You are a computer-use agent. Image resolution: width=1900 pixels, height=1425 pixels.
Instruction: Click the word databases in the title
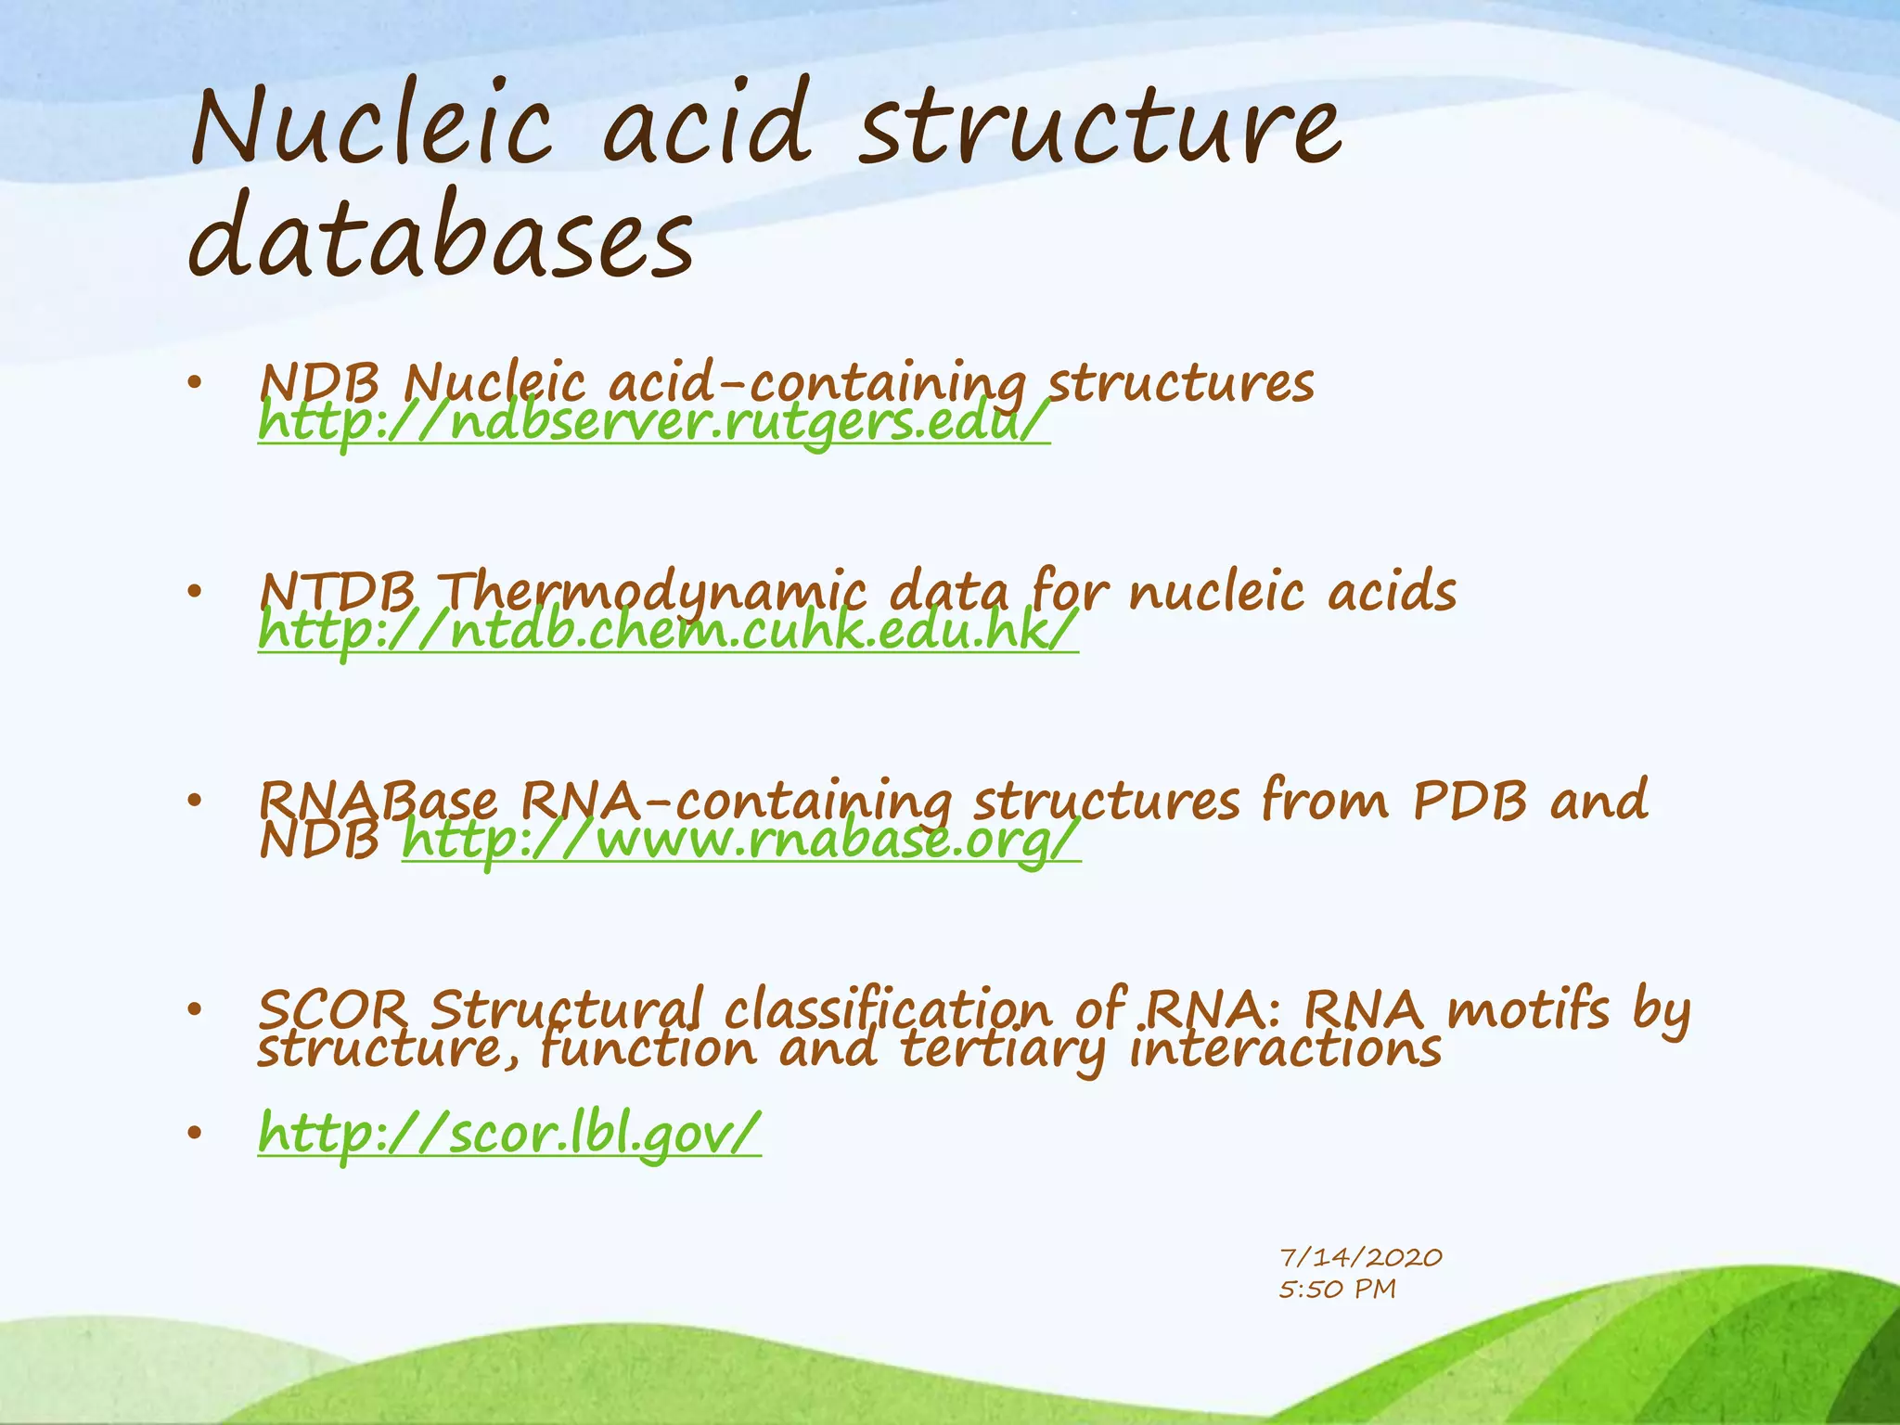tap(441, 239)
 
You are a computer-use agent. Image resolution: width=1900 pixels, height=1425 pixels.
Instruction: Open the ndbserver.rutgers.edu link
tap(654, 424)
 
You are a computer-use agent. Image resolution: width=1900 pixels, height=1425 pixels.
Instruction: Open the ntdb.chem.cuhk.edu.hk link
tap(668, 633)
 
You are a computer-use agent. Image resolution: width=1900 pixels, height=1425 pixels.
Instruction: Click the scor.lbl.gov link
tap(509, 1134)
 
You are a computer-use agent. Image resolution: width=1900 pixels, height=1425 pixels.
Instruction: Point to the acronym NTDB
tap(338, 591)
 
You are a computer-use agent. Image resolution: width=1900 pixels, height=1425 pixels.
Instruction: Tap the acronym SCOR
tap(333, 1008)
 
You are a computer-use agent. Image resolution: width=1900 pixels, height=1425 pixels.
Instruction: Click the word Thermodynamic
tap(654, 591)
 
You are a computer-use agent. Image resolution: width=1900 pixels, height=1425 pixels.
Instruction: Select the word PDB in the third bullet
tap(1470, 800)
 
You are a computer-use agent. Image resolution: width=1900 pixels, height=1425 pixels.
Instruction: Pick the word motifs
tap(1528, 1008)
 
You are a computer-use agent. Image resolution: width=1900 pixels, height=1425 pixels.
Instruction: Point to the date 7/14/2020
tap(1360, 1258)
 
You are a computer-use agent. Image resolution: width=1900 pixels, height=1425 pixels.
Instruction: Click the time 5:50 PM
tap(1337, 1290)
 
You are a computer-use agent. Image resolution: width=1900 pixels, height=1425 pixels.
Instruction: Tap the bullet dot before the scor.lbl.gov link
tap(193, 1133)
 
